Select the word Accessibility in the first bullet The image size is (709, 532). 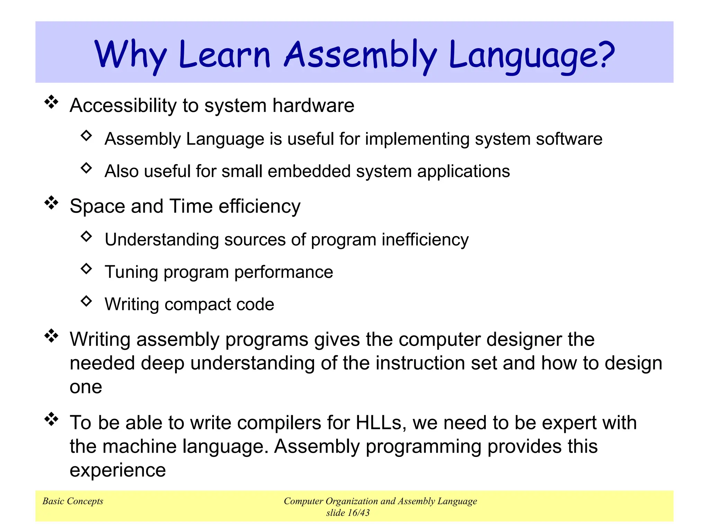123,105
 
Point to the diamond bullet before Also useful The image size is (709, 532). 86,168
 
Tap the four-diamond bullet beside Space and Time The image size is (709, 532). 52,203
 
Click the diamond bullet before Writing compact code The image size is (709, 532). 86,301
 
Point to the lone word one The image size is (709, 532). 86,387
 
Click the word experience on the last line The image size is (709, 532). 118,470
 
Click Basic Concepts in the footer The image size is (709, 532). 73,501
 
